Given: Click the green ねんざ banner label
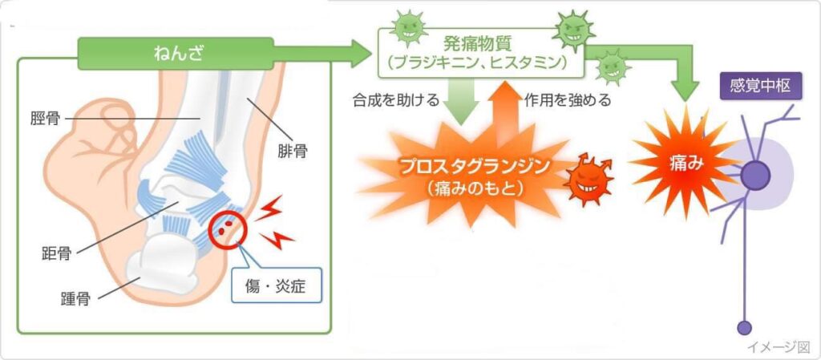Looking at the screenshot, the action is pyautogui.click(x=176, y=54).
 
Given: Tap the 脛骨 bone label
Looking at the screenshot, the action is pyautogui.click(x=45, y=119).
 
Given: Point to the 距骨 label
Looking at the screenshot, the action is pyautogui.click(x=57, y=254).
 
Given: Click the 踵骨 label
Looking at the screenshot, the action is pyautogui.click(x=75, y=300).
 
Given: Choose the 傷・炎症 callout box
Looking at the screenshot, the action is pyautogui.click(x=277, y=287).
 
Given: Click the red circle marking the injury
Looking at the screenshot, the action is pyautogui.click(x=227, y=229).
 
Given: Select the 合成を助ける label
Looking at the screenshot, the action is pyautogui.click(x=396, y=100).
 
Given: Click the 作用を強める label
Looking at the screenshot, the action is pyautogui.click(x=568, y=100).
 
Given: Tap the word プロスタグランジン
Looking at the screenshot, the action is pyautogui.click(x=475, y=167).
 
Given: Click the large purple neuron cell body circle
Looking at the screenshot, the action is pyautogui.click(x=755, y=176).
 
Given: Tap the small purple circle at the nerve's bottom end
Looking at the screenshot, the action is pyautogui.click(x=744, y=328).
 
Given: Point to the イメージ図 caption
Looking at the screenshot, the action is pyautogui.click(x=779, y=347).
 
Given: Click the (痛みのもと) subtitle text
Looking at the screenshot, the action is pyautogui.click(x=475, y=188).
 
